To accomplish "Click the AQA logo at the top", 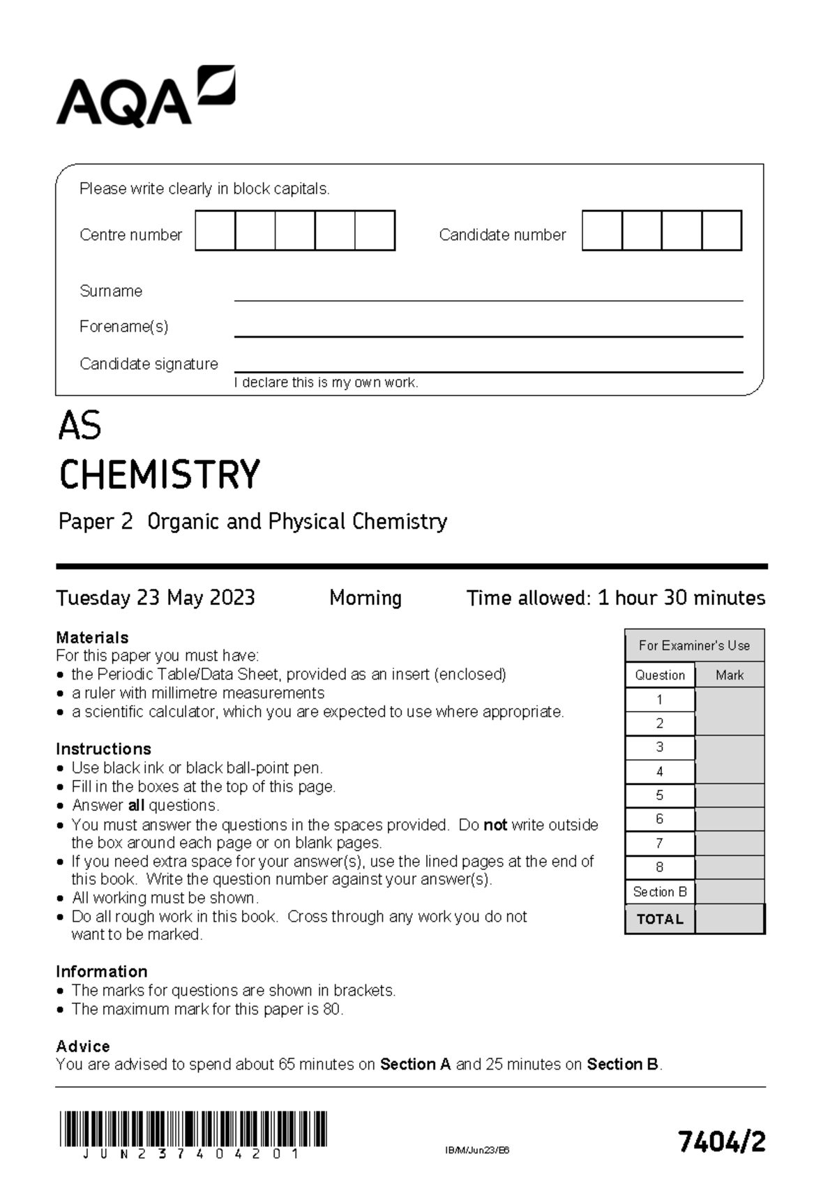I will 145,97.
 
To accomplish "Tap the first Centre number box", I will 216,231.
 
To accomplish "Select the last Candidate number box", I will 721,231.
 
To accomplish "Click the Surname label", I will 111,291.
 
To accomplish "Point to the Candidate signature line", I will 488,371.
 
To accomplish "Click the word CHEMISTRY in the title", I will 160,475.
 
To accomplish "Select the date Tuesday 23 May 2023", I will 156,598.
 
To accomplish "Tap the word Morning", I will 365,598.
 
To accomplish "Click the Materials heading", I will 92,637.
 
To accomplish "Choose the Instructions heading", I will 103,749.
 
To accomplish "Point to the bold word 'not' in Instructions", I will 495,825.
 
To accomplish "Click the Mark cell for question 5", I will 730,795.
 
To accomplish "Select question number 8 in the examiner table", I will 660,867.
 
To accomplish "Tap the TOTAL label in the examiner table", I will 660,919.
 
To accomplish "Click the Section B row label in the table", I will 660,892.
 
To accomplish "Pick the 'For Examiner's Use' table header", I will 695,645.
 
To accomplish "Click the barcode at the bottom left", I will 193,1130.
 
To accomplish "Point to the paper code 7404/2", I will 722,1142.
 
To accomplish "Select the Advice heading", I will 83,1046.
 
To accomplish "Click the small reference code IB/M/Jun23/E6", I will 477,1151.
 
